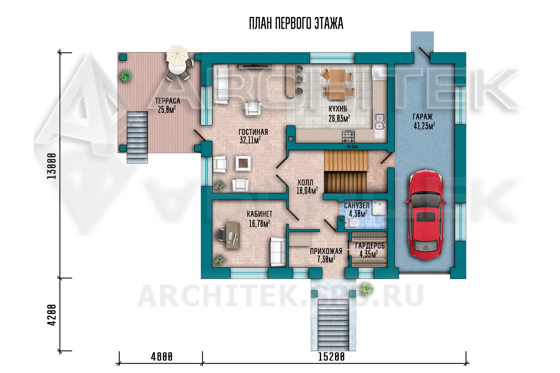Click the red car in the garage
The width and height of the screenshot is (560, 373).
tap(425, 215)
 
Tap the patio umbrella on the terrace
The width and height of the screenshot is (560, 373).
tap(177, 55)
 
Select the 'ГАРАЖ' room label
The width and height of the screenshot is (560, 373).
tap(423, 117)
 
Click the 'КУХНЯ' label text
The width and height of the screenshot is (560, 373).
tap(337, 109)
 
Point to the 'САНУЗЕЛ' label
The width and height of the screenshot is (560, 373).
tap(357, 206)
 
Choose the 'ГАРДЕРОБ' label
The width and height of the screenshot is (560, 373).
tap(370, 246)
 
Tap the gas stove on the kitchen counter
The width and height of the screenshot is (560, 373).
tap(348, 137)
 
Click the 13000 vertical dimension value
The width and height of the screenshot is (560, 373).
tap(52, 166)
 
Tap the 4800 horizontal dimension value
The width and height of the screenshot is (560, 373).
tap(162, 357)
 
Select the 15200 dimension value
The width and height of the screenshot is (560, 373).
tap(331, 357)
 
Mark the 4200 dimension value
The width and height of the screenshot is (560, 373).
tap(52, 315)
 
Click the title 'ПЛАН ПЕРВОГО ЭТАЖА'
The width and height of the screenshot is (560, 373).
tap(296, 23)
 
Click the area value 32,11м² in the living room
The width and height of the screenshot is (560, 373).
tap(250, 140)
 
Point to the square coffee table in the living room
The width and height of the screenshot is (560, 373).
tap(243, 163)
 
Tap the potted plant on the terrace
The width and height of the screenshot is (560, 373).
tap(125, 76)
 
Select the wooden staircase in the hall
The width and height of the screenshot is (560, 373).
tap(345, 171)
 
